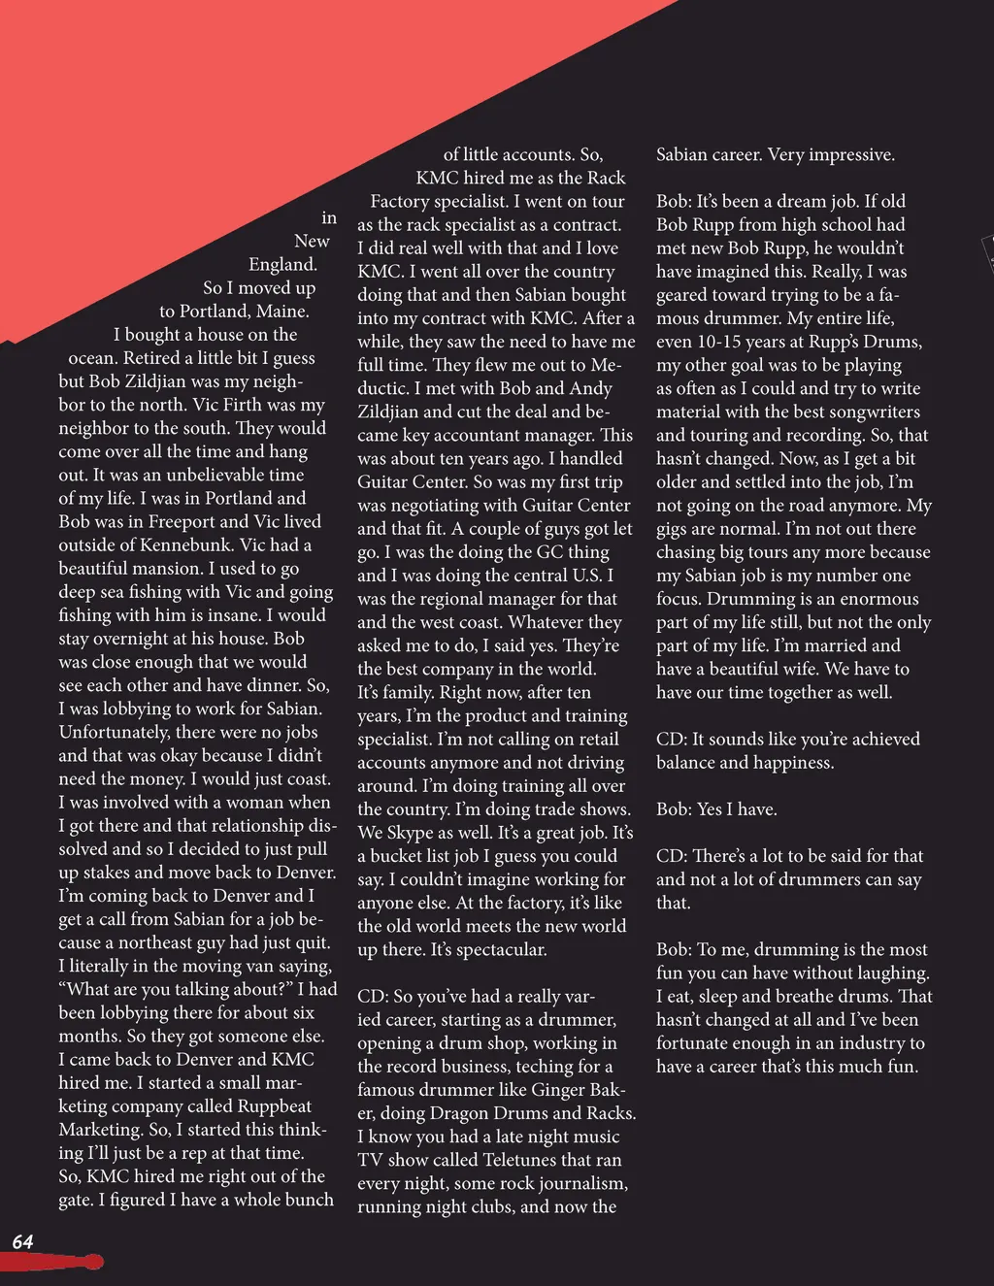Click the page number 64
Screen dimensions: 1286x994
pyautogui.click(x=22, y=1241)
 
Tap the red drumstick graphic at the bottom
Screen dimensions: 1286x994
pyautogui.click(x=53, y=1262)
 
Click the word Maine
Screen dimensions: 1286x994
pyautogui.click(x=282, y=312)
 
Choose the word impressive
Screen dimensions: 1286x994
pyautogui.click(x=845, y=155)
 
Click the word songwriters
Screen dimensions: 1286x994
pyautogui.click(x=865, y=412)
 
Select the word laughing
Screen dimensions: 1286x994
pyautogui.click(x=882, y=973)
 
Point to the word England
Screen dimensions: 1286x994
pyautogui.click(x=282, y=265)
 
